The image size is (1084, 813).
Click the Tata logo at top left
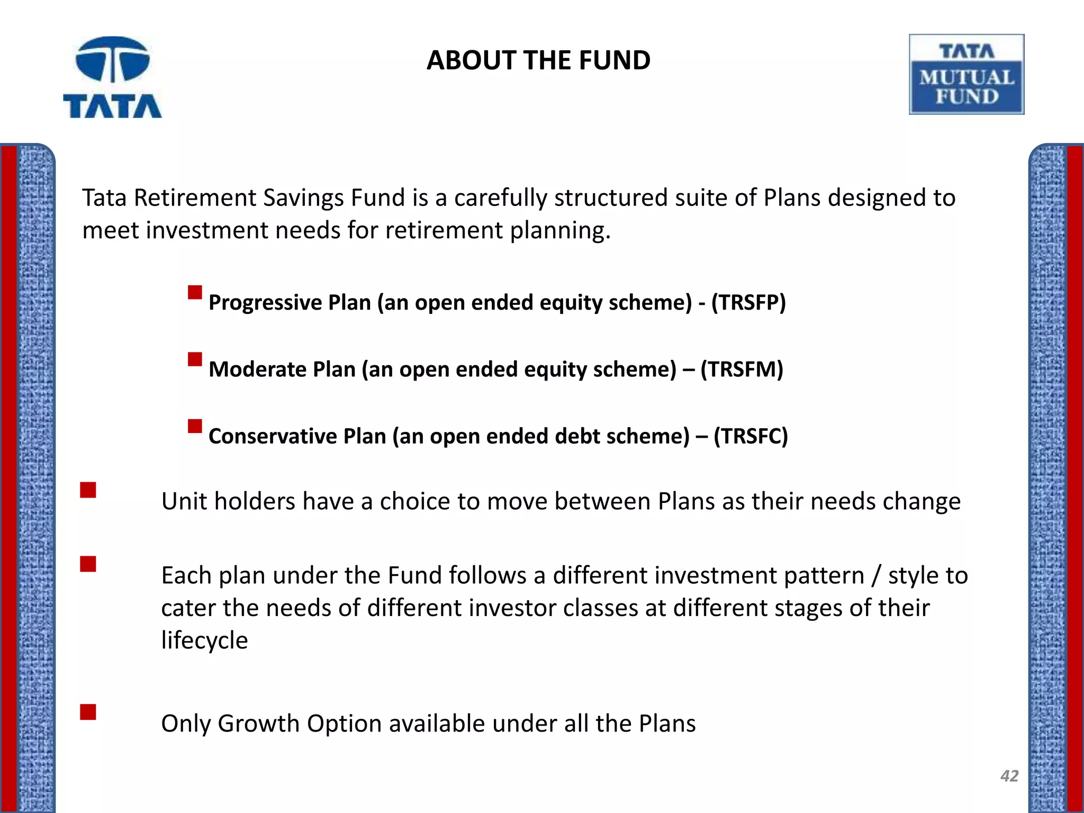tap(112, 77)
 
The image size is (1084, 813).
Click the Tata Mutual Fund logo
tap(966, 75)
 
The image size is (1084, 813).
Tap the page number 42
tap(1009, 776)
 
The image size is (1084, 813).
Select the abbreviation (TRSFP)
tap(748, 303)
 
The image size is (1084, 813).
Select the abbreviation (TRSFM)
tap(742, 369)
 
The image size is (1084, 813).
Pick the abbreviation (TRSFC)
tap(751, 436)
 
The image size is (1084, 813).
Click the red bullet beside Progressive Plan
tap(195, 293)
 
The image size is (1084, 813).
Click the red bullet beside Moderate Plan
tap(195, 359)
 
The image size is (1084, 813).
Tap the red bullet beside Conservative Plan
tap(195, 426)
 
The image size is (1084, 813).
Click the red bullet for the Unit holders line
tap(88, 490)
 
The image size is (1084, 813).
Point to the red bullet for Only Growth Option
tap(88, 712)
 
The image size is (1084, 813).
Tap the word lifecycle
tap(204, 640)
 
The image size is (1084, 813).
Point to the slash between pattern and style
tap(877, 576)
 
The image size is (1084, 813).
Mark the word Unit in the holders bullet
tap(183, 501)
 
